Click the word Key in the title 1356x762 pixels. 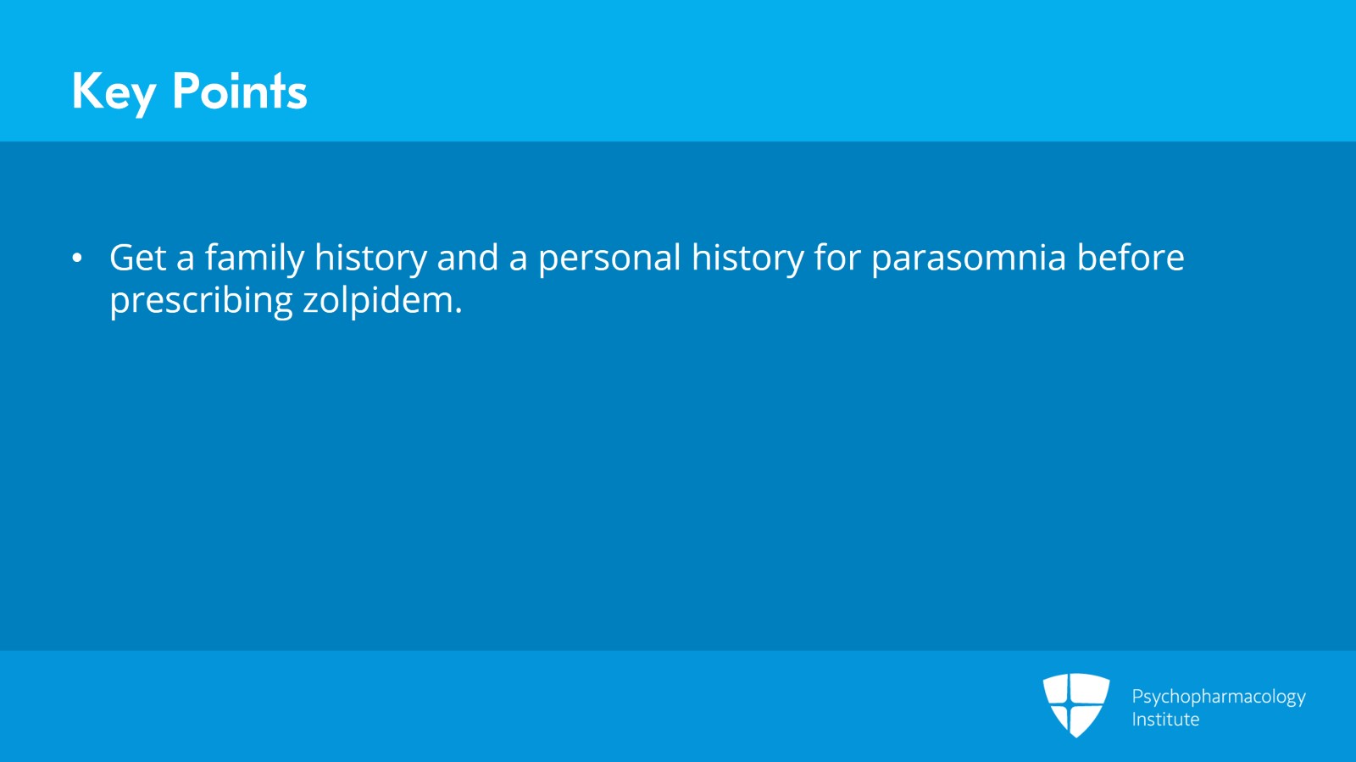114,92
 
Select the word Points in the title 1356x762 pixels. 240,91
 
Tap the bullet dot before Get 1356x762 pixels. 77,259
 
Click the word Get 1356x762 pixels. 137,257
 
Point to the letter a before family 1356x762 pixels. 186,260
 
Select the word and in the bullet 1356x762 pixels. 467,257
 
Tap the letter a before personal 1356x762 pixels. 518,260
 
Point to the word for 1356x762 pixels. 837,257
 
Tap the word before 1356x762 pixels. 1131,257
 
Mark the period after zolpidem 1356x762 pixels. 458,309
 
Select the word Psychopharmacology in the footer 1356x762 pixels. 1219,698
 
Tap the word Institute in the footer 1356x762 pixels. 1165,720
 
